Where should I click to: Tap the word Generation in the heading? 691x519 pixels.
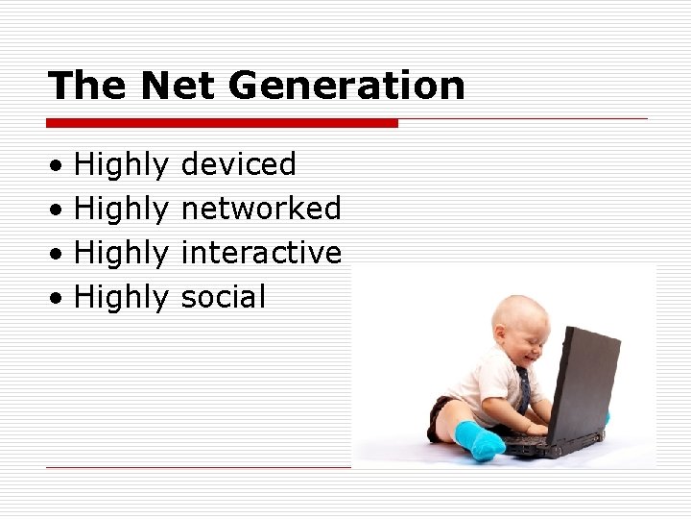(x=346, y=86)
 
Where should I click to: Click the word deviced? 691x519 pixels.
(x=238, y=164)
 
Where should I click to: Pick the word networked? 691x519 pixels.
(x=260, y=209)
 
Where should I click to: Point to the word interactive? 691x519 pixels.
(x=260, y=253)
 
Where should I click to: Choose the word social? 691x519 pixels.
(x=223, y=297)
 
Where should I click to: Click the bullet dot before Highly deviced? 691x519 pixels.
(x=59, y=166)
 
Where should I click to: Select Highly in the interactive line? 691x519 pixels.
(x=121, y=254)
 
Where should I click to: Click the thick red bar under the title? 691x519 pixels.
(x=222, y=123)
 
